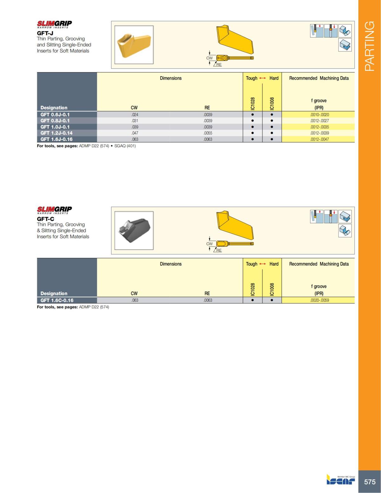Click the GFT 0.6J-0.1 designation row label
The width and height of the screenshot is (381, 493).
(x=55, y=115)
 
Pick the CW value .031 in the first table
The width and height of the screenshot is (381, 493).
(x=135, y=121)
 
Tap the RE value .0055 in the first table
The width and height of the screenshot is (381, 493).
(x=208, y=133)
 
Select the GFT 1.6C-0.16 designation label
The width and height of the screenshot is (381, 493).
(x=57, y=300)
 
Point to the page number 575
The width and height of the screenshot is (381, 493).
(x=370, y=482)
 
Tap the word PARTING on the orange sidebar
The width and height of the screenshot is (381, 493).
(x=370, y=46)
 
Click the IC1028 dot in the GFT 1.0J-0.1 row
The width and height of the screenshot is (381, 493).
(x=252, y=127)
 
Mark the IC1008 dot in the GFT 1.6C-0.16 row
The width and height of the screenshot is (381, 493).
(x=272, y=300)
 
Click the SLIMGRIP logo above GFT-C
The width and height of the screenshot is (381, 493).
(x=54, y=210)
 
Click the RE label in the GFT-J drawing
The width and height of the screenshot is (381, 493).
(x=219, y=65)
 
